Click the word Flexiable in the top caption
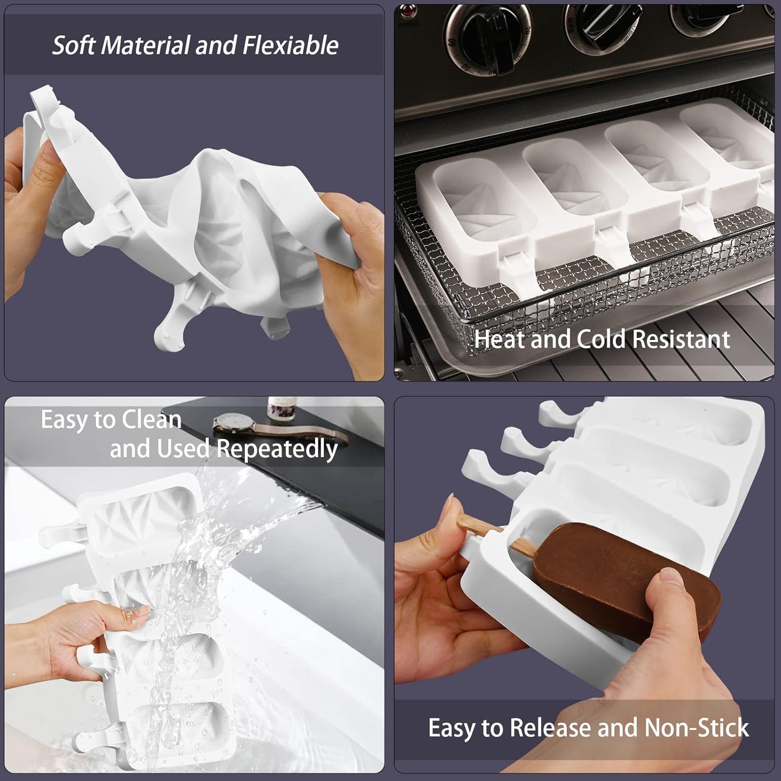pyautogui.click(x=290, y=45)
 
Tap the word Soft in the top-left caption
pyautogui.click(x=75, y=45)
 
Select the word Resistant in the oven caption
pyautogui.click(x=681, y=339)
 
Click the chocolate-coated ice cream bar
pyautogui.click(x=622, y=578)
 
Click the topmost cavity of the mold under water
pyautogui.click(x=143, y=516)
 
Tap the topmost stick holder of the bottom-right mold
pyautogui.click(x=562, y=413)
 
